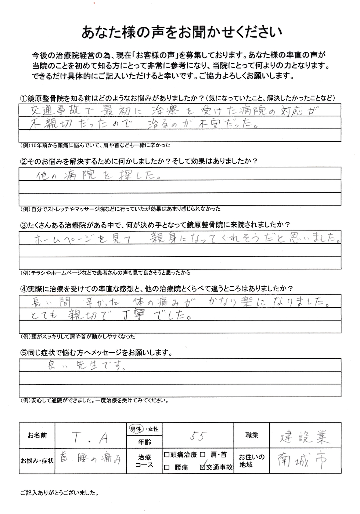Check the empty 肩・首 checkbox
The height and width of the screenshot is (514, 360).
(202, 455)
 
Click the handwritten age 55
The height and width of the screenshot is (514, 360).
(199, 436)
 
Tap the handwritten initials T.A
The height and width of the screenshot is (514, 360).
(90, 437)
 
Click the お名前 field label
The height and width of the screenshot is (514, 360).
(37, 436)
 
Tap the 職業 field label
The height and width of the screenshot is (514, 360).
(252, 435)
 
